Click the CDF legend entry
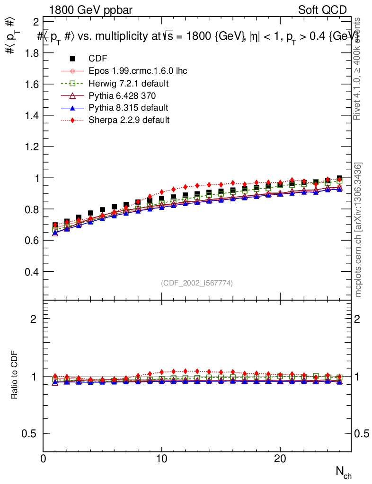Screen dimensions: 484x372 (98, 59)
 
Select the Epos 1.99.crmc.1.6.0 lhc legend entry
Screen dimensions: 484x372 (138, 71)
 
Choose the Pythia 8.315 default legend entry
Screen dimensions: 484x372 (128, 108)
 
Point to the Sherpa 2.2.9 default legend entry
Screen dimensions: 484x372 (129, 120)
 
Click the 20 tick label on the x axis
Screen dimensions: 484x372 (280, 459)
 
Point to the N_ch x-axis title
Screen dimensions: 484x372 (344, 472)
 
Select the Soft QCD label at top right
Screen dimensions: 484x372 (322, 10)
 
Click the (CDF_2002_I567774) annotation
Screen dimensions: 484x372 (197, 283)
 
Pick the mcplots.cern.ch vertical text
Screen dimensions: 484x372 (358, 230)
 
